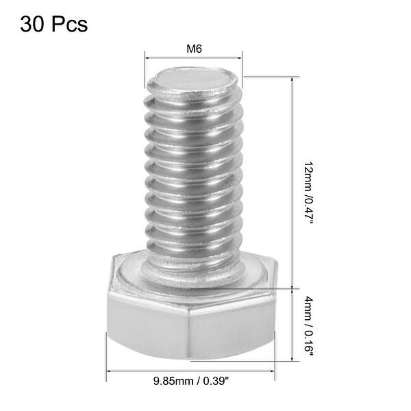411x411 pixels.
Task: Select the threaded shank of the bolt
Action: click(194, 178)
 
